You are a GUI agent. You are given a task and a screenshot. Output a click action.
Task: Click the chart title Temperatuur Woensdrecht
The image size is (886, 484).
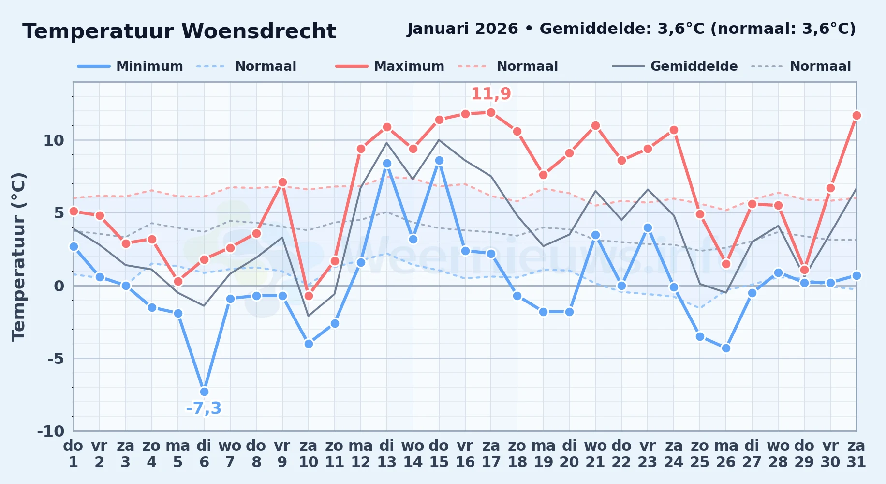tap(179, 31)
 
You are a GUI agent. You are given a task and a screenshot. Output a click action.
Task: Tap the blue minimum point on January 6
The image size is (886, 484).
tap(204, 392)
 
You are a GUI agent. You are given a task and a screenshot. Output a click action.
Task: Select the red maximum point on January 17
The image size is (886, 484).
tap(491, 113)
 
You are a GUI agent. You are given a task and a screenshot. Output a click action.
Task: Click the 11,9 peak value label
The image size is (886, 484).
tap(491, 93)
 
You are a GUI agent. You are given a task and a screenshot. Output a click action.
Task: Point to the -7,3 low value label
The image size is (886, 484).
tap(204, 408)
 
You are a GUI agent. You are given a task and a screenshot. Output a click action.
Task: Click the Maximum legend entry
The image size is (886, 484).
tap(390, 66)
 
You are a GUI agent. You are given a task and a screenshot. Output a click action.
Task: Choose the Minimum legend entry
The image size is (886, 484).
tap(130, 66)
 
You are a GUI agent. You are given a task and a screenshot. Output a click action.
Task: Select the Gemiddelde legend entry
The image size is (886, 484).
tap(675, 66)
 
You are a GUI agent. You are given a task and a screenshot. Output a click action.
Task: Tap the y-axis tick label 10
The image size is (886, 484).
tap(54, 140)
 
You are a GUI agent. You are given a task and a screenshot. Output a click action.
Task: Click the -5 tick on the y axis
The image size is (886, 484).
tap(56, 359)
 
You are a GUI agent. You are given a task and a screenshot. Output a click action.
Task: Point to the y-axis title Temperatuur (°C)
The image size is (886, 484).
tap(18, 257)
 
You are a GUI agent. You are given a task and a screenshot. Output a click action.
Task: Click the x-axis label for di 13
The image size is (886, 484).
tap(387, 454)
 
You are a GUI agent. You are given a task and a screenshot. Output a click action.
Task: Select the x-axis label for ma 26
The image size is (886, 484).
tap(726, 454)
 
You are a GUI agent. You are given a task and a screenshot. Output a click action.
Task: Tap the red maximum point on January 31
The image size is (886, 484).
tap(856, 116)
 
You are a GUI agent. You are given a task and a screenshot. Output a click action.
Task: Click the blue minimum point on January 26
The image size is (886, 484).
tap(726, 348)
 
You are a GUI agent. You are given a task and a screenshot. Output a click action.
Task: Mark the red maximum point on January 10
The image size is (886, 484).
tap(309, 296)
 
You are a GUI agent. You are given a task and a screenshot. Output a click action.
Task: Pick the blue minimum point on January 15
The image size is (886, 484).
tap(439, 161)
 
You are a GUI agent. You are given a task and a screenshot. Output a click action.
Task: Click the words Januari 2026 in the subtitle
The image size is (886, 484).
tap(463, 29)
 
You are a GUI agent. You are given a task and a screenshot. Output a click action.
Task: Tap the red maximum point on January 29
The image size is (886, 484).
tap(804, 270)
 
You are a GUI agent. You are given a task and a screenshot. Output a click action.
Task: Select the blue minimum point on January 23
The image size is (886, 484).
tap(648, 227)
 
